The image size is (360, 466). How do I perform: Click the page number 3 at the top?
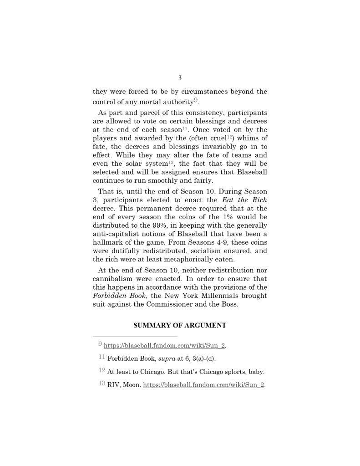click(x=180, y=78)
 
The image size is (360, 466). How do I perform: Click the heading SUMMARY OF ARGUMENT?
click(x=180, y=325)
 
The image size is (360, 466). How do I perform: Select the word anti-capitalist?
click(x=116, y=234)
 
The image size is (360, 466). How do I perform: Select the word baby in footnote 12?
click(x=254, y=372)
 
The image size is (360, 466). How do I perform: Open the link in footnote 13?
click(x=203, y=385)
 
